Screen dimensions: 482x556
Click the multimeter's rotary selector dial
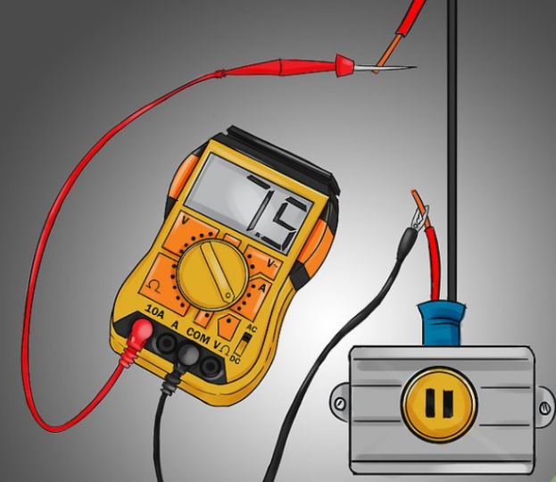(212, 270)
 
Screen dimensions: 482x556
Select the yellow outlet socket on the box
(437, 403)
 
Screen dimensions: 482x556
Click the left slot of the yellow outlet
(427, 403)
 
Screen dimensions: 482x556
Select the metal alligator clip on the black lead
(419, 218)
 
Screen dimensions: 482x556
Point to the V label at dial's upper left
(185, 219)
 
